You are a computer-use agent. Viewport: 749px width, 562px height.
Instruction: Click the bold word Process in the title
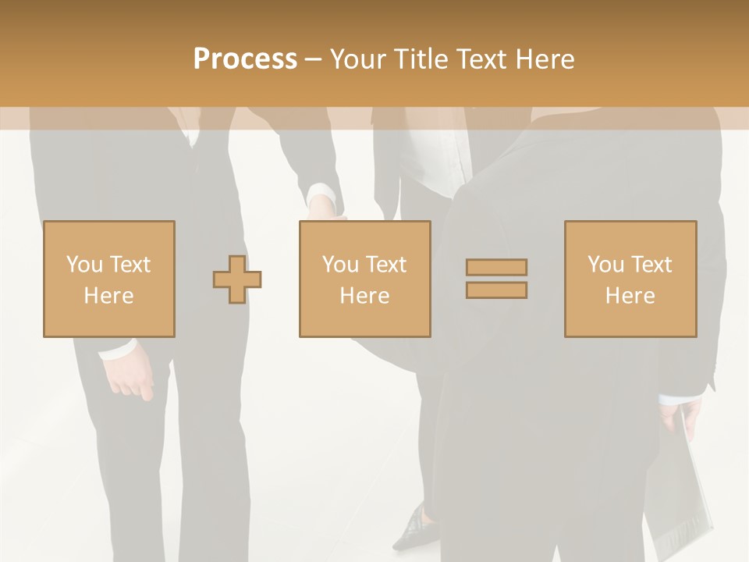[x=245, y=59]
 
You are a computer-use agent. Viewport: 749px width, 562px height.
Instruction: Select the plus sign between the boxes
[x=237, y=279]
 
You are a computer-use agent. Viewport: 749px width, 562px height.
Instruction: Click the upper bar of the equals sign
[x=496, y=267]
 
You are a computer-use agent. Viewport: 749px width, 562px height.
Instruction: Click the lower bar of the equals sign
[x=496, y=290]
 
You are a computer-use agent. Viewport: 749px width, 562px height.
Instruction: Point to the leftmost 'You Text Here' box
[x=109, y=279]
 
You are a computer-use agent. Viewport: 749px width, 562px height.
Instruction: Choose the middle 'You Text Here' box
[x=365, y=279]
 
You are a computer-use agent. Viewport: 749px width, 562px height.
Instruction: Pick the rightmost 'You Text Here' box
[x=630, y=279]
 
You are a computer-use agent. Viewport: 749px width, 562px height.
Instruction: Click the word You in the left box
[x=83, y=264]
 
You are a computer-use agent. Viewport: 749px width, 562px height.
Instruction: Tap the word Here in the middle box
[x=365, y=295]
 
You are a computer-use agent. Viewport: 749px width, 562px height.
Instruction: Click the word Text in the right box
[x=651, y=264]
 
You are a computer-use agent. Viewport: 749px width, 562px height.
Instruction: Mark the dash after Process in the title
[x=313, y=59]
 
